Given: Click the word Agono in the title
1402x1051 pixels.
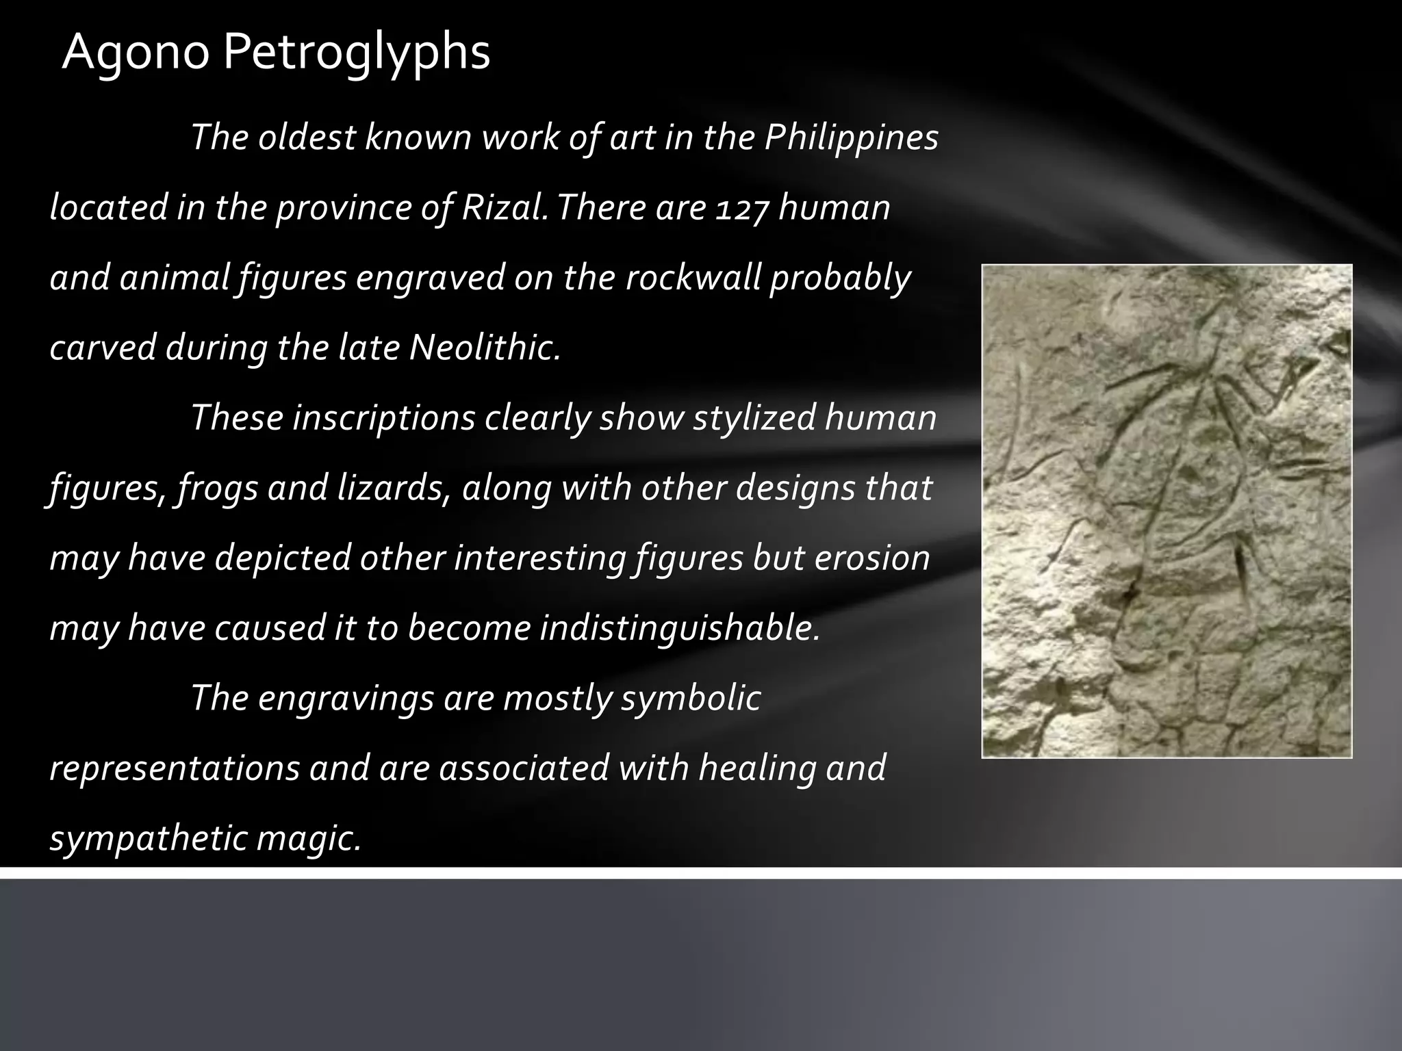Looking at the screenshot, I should pos(135,53).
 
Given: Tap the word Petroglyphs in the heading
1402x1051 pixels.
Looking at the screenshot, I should pos(356,53).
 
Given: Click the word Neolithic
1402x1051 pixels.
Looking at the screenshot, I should pos(485,348).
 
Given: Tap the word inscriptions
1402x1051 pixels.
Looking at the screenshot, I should pos(383,417).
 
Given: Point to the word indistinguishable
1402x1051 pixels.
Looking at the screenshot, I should pos(679,628).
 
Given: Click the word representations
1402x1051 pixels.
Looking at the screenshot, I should pos(175,768).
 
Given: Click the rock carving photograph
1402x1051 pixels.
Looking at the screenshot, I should pos(1167,510).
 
